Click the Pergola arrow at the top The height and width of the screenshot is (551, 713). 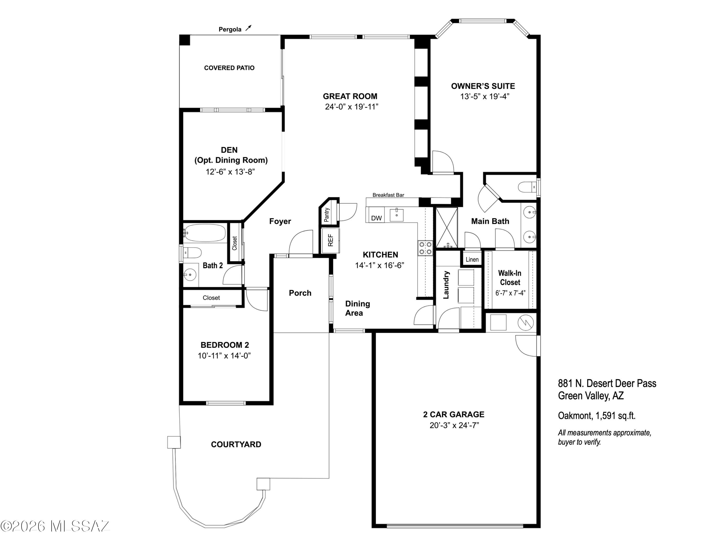pyautogui.click(x=249, y=28)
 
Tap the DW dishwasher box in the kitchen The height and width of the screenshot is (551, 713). pyautogui.click(x=376, y=218)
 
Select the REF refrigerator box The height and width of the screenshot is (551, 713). pyautogui.click(x=330, y=241)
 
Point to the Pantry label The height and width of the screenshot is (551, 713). pyautogui.click(x=327, y=215)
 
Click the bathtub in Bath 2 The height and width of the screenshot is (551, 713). pyautogui.click(x=204, y=233)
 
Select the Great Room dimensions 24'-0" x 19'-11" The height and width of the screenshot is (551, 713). pyautogui.click(x=352, y=107)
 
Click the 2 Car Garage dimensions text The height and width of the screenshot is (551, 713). pyautogui.click(x=454, y=425)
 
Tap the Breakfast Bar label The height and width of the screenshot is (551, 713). pyautogui.click(x=388, y=195)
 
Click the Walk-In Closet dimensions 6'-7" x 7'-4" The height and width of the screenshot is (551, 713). pyautogui.click(x=510, y=293)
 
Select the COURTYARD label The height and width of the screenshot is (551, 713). pyautogui.click(x=236, y=444)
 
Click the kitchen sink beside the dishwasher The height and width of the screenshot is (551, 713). pyautogui.click(x=397, y=215)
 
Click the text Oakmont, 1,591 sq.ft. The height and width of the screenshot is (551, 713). pyautogui.click(x=597, y=416)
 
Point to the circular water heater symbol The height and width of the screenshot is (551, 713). pyautogui.click(x=526, y=323)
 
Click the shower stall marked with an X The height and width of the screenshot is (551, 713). pyautogui.click(x=447, y=227)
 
